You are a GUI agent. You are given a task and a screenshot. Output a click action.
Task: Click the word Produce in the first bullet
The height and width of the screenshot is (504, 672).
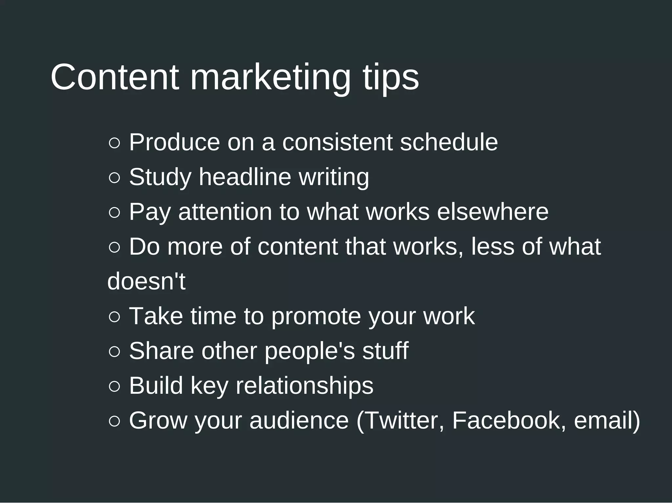tap(174, 142)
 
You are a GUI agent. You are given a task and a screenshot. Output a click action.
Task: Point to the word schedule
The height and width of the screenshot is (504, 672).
tap(449, 142)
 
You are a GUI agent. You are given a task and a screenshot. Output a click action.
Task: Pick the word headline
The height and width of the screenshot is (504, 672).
tap(245, 177)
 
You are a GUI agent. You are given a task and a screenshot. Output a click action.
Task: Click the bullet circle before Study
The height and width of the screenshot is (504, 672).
tap(114, 178)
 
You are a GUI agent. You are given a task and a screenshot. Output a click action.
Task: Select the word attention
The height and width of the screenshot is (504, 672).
tap(225, 212)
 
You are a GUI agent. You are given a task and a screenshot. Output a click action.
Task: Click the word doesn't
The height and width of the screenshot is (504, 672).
tap(146, 282)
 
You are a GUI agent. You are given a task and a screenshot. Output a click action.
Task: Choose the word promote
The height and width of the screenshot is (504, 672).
tap(316, 316)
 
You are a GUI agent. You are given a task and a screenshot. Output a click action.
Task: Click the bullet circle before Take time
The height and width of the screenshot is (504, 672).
tap(114, 317)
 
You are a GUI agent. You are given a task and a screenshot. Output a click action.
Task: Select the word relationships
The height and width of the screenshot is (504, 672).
tap(304, 386)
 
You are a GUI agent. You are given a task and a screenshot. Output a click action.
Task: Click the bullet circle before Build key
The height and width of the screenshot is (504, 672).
tap(114, 387)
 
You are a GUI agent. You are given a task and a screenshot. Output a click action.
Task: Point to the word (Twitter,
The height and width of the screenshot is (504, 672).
tap(400, 421)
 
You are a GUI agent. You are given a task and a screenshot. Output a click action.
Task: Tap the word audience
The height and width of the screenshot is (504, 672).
tap(299, 421)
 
